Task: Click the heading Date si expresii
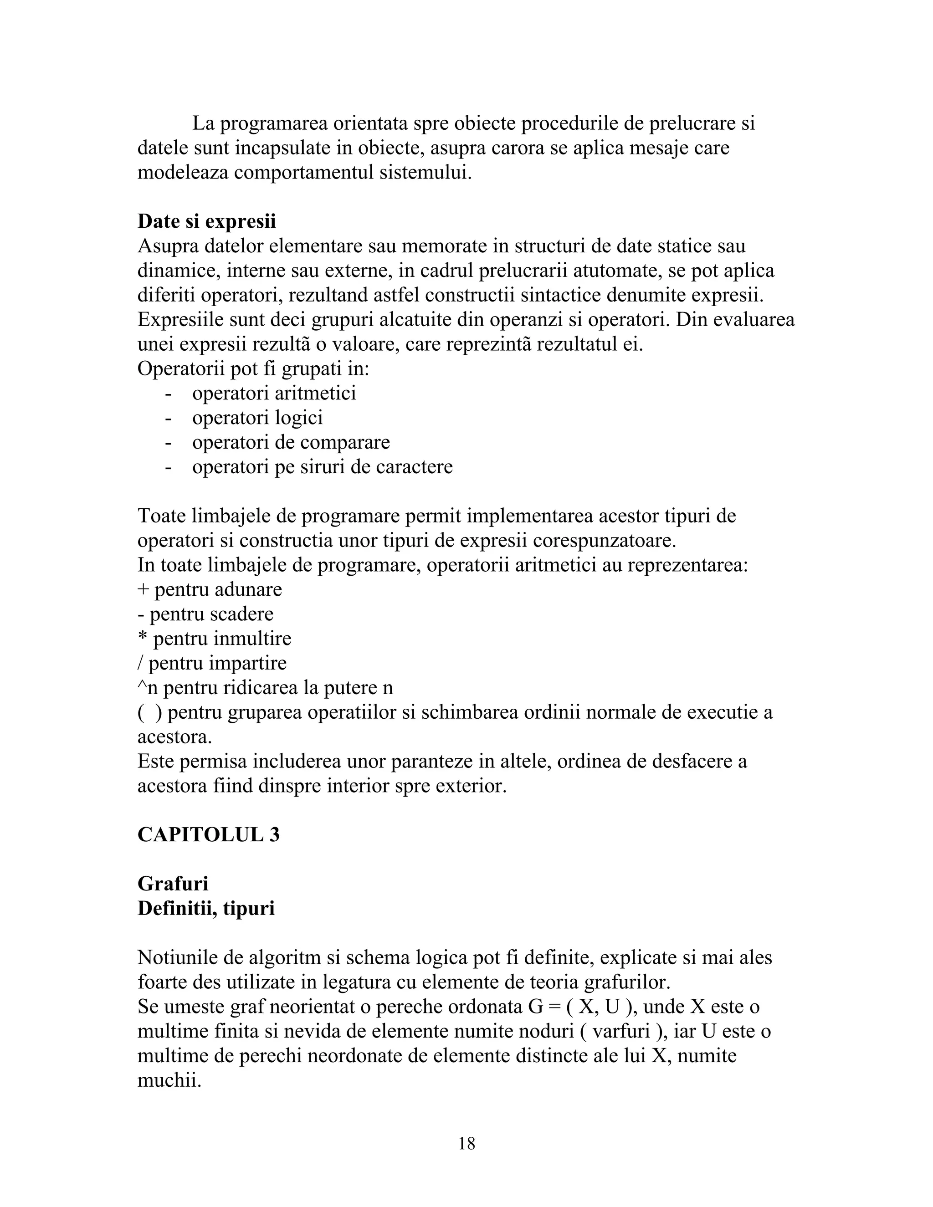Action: [207, 222]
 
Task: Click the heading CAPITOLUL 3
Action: [208, 834]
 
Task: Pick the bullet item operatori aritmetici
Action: [274, 394]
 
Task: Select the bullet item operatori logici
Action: [257, 418]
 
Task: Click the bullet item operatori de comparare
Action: [291, 442]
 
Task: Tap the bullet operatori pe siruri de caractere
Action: [322, 467]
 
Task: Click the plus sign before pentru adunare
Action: [143, 590]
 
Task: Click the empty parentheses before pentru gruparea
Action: [149, 713]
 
